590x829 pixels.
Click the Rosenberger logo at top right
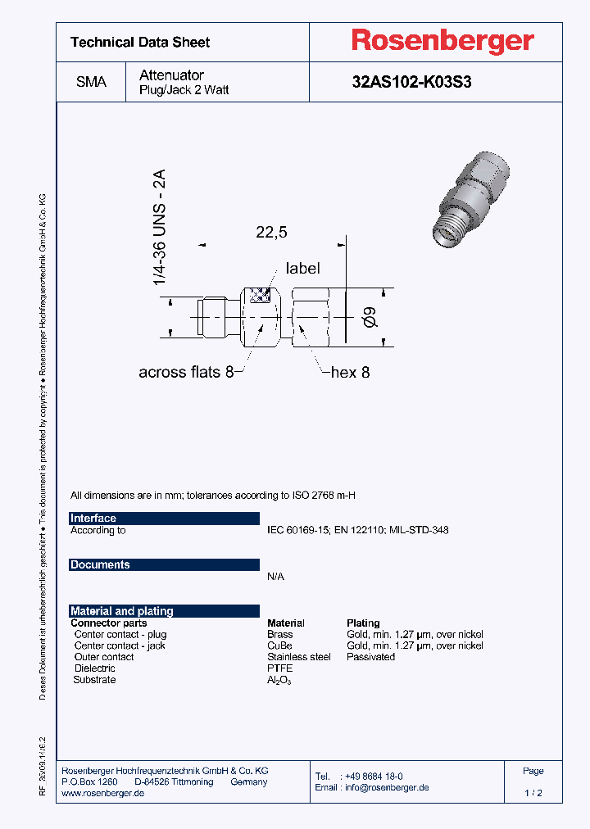pyautogui.click(x=442, y=41)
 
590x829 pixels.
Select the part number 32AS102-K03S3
pyautogui.click(x=411, y=83)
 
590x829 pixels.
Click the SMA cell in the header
pyautogui.click(x=91, y=83)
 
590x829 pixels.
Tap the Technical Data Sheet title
pyautogui.click(x=140, y=43)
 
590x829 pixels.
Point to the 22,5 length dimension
pyautogui.click(x=271, y=233)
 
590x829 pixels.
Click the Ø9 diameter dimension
pyautogui.click(x=370, y=315)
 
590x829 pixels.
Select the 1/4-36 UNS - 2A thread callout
pyautogui.click(x=160, y=227)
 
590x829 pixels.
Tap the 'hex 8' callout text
pyautogui.click(x=350, y=373)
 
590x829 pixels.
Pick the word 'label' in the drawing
pyautogui.click(x=302, y=269)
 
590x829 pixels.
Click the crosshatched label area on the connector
pyautogui.click(x=260, y=296)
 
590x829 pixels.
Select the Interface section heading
pyautogui.click(x=93, y=519)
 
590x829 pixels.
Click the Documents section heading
pyautogui.click(x=100, y=565)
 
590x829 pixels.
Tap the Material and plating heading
pyautogui.click(x=121, y=611)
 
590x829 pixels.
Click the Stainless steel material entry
pyautogui.click(x=298, y=657)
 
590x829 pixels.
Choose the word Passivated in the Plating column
pyautogui.click(x=370, y=657)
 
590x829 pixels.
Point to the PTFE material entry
pyautogui.click(x=279, y=668)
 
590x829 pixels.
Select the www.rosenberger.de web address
pyautogui.click(x=103, y=794)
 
